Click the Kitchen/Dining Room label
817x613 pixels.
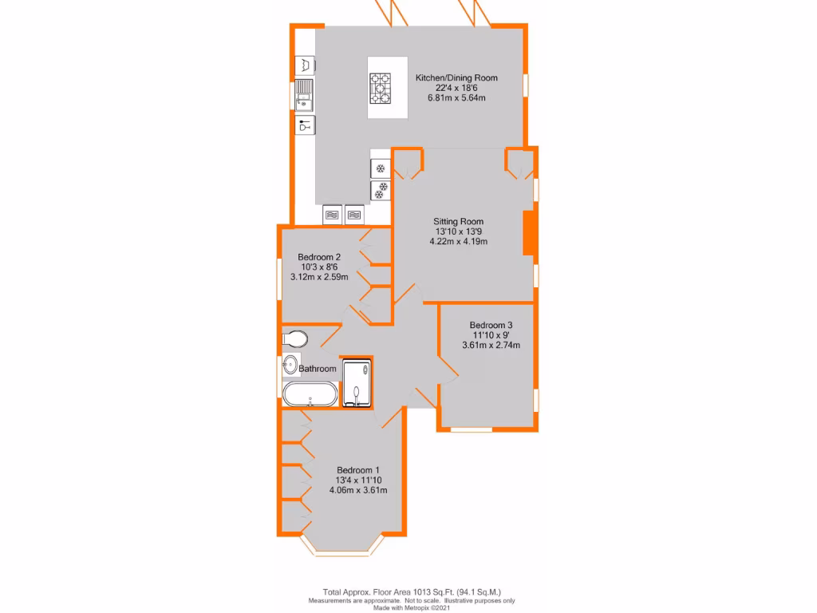[456, 77]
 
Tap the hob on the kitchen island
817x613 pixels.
[381, 88]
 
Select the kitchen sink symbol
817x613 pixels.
[305, 95]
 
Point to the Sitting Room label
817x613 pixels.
[458, 221]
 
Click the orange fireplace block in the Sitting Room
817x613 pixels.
[527, 233]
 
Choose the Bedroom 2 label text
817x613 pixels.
[319, 257]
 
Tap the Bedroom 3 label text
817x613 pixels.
[491, 325]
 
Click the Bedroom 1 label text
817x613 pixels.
[357, 470]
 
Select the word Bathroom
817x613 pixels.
[318, 369]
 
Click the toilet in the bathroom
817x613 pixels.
[294, 339]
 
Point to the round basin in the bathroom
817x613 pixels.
[290, 366]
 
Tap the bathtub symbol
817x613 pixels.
[310, 394]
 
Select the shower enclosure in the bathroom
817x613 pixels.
[357, 382]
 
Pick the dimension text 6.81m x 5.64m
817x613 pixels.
[456, 97]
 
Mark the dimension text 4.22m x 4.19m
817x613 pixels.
[458, 241]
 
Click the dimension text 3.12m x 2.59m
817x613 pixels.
[319, 276]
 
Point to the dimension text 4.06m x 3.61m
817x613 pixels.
[357, 490]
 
